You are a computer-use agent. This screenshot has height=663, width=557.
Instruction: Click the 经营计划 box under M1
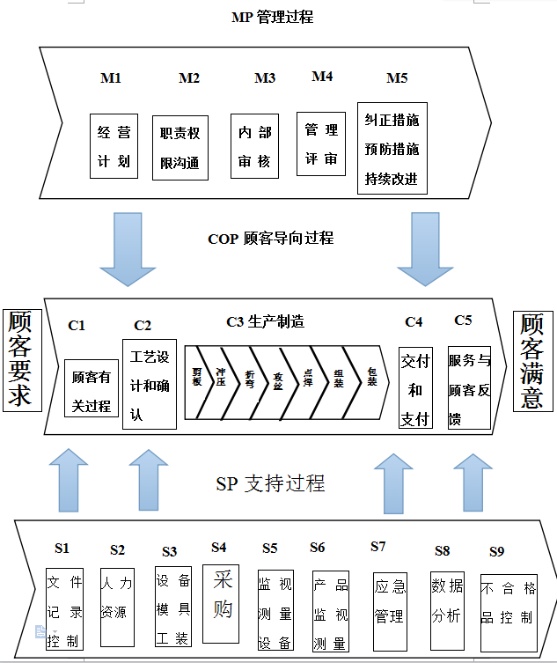click(114, 145)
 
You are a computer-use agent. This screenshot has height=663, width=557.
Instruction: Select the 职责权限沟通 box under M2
click(180, 147)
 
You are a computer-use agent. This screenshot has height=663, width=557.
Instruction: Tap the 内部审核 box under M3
click(254, 147)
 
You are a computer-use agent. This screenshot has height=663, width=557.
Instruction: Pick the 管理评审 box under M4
click(321, 144)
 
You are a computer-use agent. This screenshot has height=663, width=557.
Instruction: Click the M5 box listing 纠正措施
click(392, 147)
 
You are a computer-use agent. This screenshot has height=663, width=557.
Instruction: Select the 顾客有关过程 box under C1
click(92, 387)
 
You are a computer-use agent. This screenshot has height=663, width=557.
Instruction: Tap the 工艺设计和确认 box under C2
click(149, 384)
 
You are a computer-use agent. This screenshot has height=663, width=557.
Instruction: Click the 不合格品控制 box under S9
click(508, 611)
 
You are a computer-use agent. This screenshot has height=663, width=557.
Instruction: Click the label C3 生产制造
click(265, 322)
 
